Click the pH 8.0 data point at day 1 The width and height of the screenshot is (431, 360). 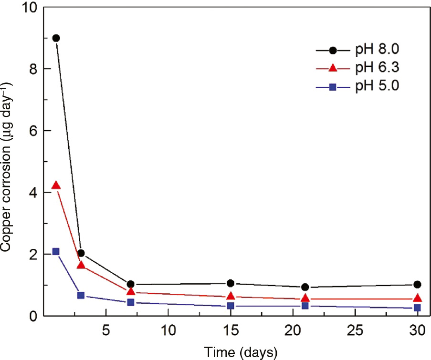[56, 38]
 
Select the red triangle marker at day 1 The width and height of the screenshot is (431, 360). [56, 185]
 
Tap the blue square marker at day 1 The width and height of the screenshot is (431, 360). [56, 252]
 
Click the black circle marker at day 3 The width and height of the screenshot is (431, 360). [81, 253]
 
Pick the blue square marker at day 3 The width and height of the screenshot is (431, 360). [81, 296]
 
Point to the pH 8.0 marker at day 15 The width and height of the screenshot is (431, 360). [231, 283]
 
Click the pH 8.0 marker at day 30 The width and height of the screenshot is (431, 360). [417, 285]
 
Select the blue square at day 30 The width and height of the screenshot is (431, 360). [417, 308]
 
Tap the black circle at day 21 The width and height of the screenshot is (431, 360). [305, 287]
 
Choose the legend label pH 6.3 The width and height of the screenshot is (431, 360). [377, 68]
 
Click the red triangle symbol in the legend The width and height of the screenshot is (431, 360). [333, 68]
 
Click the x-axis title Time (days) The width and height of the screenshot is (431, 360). [241, 352]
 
